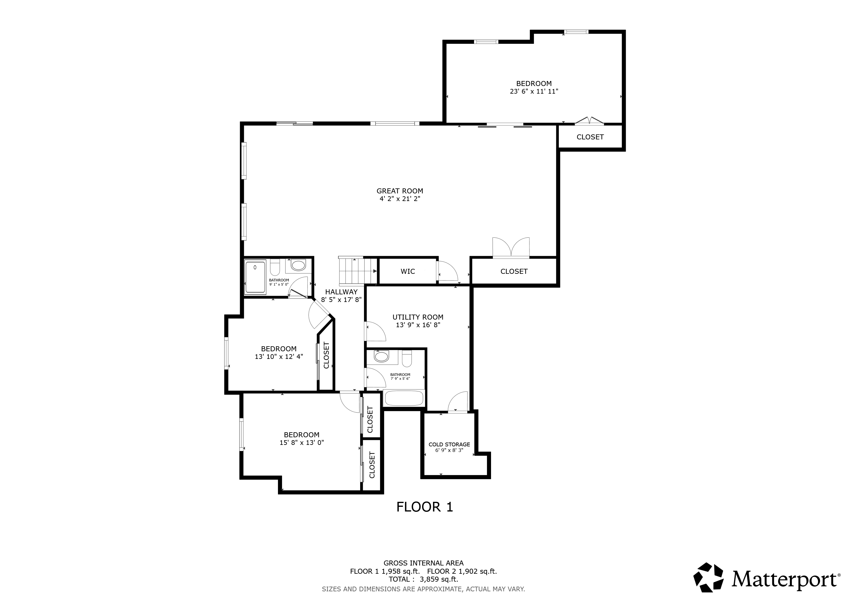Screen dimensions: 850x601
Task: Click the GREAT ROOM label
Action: pos(400,191)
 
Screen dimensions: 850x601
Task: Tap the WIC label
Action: pos(408,271)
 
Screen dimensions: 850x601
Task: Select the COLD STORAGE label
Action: pos(449,445)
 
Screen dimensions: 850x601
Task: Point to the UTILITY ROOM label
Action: pos(418,317)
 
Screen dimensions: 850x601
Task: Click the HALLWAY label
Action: pos(341,292)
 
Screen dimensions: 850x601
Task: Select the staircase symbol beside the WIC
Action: pos(357,271)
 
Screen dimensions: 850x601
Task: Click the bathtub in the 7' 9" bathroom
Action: pos(404,398)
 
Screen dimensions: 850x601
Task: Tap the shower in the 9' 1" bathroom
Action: pos(255,277)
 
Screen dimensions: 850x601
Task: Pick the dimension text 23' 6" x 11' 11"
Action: pos(534,91)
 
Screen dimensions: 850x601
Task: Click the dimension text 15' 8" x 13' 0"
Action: pos(302,443)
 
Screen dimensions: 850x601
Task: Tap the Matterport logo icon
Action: pos(708,588)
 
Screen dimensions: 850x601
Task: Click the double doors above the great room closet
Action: pos(511,247)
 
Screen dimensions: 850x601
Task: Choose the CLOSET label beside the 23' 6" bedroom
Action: pos(590,137)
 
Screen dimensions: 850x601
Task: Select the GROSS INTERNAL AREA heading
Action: pos(424,563)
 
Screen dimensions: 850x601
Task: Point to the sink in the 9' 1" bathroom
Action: pos(298,265)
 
